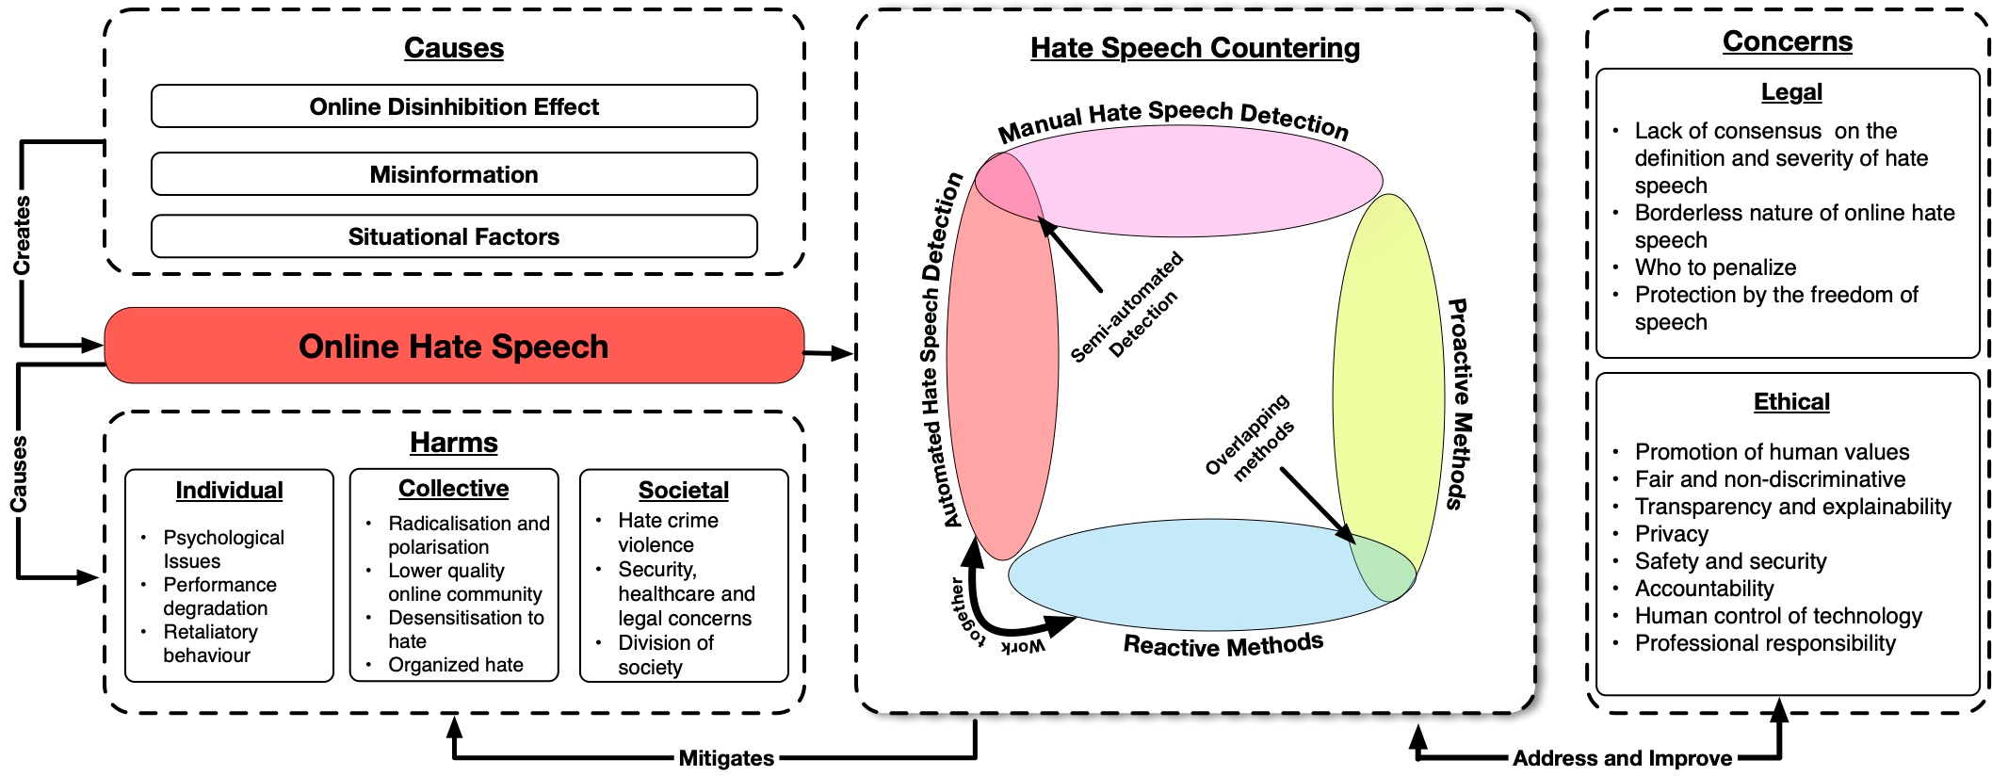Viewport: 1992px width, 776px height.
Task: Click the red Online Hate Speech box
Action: pos(453,346)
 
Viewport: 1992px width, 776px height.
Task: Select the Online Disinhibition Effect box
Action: pos(454,106)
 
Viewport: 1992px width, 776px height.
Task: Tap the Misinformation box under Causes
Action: pos(454,174)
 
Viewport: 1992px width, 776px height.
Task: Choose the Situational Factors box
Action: pos(454,236)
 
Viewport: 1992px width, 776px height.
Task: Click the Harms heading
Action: pos(454,442)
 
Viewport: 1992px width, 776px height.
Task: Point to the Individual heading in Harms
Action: pos(229,490)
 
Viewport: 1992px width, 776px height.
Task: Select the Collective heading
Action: pos(453,488)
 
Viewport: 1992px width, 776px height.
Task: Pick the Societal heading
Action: pos(683,490)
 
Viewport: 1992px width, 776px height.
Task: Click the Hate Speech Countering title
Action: pos(1194,48)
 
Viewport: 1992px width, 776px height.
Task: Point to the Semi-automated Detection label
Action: pos(1126,310)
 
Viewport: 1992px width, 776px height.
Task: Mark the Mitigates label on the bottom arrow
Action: pos(726,758)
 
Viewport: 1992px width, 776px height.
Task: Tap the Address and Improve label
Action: pos(1622,758)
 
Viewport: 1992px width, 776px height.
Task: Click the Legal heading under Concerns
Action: pos(1791,92)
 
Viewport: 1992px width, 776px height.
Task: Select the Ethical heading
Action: pos(1791,402)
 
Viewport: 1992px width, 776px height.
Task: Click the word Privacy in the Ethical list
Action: pos(1671,534)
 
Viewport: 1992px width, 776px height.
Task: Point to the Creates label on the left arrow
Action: pos(22,235)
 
